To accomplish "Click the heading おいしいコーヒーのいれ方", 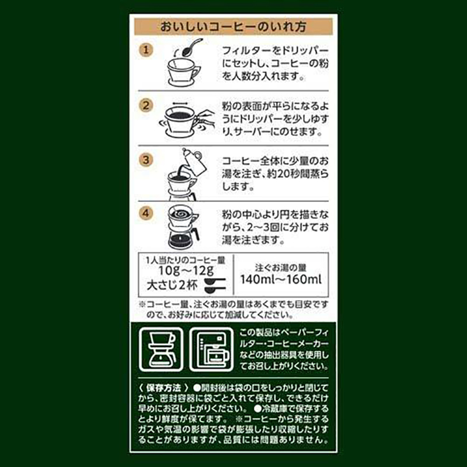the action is [233, 26].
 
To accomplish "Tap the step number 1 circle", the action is [146, 50].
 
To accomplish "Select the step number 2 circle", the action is [146, 106].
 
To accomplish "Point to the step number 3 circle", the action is [146, 159].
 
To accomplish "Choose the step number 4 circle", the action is [146, 213].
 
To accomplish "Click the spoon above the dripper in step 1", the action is [191, 48].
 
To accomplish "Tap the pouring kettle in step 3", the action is [194, 162].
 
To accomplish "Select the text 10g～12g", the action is [186, 271].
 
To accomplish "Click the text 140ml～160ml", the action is [281, 280].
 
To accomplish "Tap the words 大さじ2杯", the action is [172, 285].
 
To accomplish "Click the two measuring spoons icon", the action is [215, 285].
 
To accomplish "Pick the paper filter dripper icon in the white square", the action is [161, 349].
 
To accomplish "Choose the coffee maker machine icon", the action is [211, 349].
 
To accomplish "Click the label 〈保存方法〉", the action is [163, 388].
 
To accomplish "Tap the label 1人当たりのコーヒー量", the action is [185, 260].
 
